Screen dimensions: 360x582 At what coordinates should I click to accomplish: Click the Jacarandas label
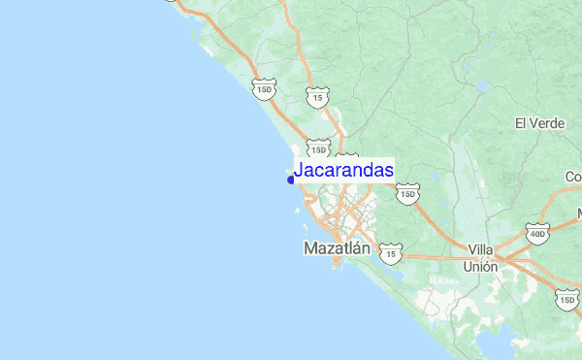343,171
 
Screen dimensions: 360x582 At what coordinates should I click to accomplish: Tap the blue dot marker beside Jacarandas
291,180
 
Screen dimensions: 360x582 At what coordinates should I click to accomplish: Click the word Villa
480,249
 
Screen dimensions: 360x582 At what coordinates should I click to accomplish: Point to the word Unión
480,266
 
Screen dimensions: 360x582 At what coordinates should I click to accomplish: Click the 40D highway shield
537,234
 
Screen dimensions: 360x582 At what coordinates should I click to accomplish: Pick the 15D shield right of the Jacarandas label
408,194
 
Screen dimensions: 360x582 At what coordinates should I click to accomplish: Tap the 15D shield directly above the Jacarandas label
317,148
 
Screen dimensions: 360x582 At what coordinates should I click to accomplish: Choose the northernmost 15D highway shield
263,90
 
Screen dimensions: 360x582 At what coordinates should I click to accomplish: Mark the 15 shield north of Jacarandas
317,97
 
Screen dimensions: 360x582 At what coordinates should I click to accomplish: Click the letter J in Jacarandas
299,171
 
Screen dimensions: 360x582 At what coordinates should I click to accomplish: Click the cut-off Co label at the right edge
573,177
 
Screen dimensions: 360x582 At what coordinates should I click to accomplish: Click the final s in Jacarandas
389,171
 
